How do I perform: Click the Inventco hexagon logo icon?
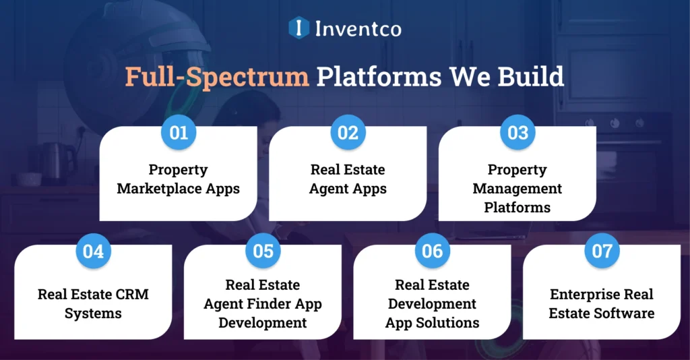[x=299, y=28]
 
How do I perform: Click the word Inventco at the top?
[x=358, y=28]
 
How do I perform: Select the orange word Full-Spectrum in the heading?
[x=216, y=77]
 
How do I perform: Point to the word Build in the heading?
[x=531, y=77]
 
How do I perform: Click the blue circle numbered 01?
[x=179, y=133]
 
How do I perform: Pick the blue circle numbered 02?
[x=348, y=133]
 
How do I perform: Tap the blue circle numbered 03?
[x=517, y=133]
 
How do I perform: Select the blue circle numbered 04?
[x=94, y=251]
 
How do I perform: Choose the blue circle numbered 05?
[x=263, y=251]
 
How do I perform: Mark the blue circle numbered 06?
[x=433, y=251]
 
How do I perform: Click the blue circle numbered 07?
[x=602, y=251]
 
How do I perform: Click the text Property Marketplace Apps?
[x=178, y=179]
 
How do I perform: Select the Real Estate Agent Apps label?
[x=348, y=179]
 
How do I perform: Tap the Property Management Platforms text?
[x=517, y=189]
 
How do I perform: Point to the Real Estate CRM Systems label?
[x=93, y=303]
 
